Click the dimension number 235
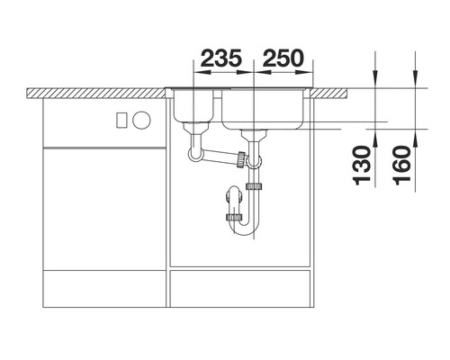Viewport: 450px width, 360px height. tap(221, 58)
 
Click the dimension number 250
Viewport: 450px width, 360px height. tap(283, 58)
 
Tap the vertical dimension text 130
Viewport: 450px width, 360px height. tap(362, 165)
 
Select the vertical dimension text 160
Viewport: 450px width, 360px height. tap(401, 165)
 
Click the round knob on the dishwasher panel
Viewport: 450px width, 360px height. tap(141, 120)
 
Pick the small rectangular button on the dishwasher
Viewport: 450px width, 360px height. tap(122, 120)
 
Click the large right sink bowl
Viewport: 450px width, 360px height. tap(263, 110)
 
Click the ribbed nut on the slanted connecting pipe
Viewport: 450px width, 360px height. tap(240, 159)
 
